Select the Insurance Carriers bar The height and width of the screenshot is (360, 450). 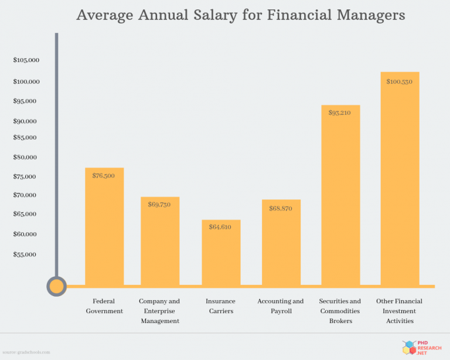[x=221, y=253]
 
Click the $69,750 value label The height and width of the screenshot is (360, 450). [x=159, y=205]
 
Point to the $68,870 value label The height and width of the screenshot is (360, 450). [x=281, y=208]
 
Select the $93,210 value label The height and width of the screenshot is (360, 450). [x=340, y=113]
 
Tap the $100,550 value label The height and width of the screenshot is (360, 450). [x=400, y=81]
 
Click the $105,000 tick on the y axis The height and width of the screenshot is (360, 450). [x=26, y=60]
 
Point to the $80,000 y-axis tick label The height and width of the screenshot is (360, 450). [x=26, y=157]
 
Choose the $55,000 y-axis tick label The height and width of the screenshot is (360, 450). [x=26, y=254]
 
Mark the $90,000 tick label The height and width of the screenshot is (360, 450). [x=26, y=121]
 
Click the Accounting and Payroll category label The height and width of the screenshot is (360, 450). [x=281, y=306]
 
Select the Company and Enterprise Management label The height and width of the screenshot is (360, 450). [x=159, y=311]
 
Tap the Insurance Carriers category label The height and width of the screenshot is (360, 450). [x=220, y=306]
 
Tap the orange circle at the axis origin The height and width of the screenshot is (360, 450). [x=56, y=286]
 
